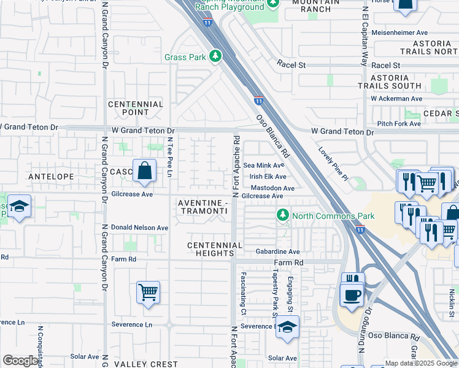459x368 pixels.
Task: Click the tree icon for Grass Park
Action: pos(215,56)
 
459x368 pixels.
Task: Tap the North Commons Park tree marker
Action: pos(282,215)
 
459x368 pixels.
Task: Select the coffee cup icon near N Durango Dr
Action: pos(352,295)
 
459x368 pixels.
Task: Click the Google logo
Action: pos(20,361)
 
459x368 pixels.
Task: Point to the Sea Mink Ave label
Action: pos(264,165)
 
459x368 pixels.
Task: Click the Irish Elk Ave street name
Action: pos(268,177)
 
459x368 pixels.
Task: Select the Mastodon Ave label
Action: pos(272,188)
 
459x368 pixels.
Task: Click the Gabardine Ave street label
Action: pos(277,251)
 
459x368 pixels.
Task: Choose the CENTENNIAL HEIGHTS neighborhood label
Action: pos(215,250)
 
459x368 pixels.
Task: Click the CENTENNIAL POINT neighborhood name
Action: pos(136,108)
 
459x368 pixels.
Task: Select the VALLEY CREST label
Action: pos(146,364)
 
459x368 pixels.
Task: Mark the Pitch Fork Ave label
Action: pos(399,123)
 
